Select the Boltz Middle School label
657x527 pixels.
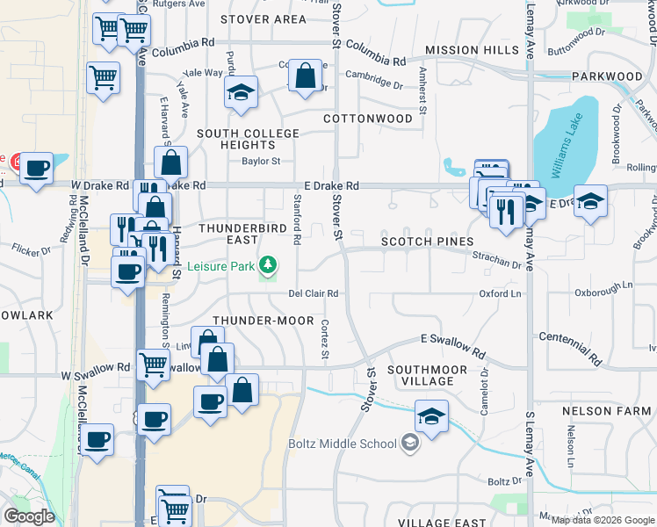[x=343, y=444]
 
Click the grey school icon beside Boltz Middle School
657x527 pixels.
[x=409, y=444]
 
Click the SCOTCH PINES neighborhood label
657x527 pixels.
[x=427, y=242]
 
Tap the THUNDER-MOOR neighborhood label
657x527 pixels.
[x=261, y=321]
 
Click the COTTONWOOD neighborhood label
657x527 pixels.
[x=367, y=118]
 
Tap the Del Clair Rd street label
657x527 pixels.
[x=314, y=294]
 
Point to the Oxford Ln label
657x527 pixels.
[x=500, y=294]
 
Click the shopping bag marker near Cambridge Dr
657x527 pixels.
[x=305, y=76]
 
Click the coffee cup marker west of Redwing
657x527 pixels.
[x=36, y=167]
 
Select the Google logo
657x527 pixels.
[x=29, y=516]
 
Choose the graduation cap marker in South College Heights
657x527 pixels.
[x=240, y=92]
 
